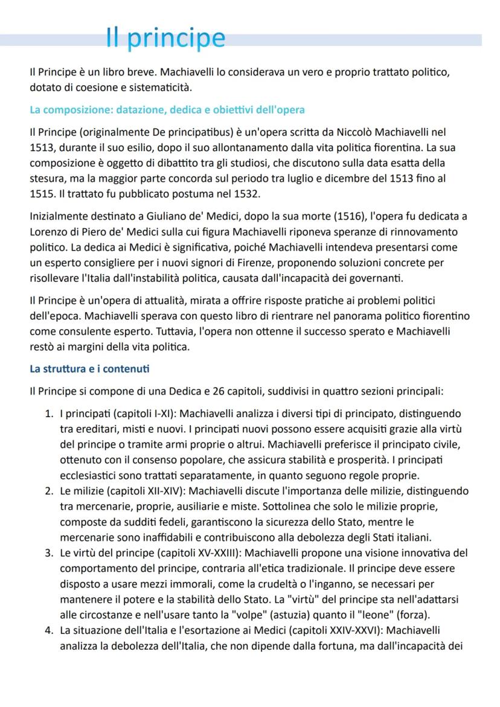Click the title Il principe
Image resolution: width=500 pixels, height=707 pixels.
tap(165, 38)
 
